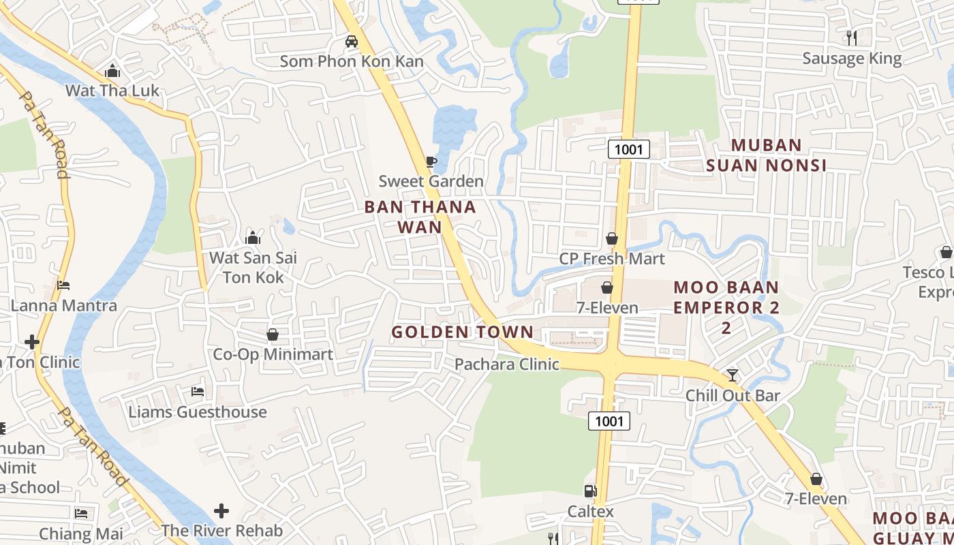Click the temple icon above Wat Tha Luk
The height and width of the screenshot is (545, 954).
[112, 71]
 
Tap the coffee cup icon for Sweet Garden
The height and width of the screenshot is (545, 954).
[431, 161]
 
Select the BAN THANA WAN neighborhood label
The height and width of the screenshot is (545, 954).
[420, 217]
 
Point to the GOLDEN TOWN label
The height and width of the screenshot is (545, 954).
[462, 332]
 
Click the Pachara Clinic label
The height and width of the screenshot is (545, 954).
[507, 364]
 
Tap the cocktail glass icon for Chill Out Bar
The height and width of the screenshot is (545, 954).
[733, 375]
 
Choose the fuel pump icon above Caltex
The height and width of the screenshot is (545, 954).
[590, 491]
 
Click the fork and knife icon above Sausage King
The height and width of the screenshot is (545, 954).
[851, 37]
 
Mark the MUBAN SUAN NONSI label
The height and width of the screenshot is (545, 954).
[766, 155]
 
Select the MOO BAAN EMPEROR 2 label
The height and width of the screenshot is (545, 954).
[726, 307]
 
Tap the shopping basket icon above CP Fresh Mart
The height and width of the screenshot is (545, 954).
[612, 238]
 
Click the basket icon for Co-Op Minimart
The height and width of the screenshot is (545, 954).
[273, 334]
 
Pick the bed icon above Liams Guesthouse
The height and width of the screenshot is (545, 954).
[198, 392]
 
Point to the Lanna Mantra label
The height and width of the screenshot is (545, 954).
[63, 305]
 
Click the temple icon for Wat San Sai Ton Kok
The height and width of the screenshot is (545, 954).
[253, 238]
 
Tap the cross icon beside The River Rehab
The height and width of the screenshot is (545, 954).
[221, 510]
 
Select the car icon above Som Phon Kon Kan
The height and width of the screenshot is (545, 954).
[352, 42]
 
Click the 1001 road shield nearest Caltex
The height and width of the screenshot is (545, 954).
[609, 421]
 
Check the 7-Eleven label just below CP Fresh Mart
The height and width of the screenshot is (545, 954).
[607, 308]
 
